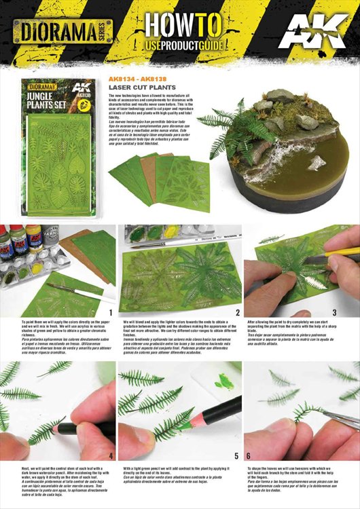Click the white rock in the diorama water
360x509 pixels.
pos(317,163)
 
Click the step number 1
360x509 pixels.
pos(111,314)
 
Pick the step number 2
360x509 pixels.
pos(237,314)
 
